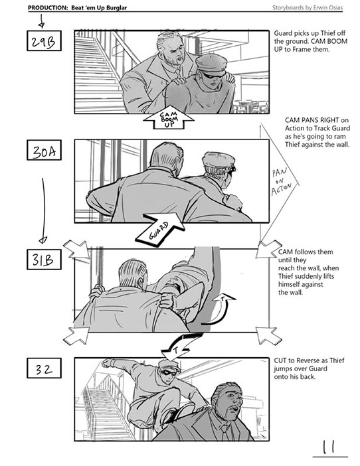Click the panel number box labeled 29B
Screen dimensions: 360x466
44,40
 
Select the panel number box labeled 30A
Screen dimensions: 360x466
44,150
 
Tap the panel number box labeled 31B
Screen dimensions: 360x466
44,260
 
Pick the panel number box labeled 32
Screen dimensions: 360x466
44,368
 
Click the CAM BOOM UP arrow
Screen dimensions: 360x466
169,118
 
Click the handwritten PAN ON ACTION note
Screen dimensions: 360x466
281,182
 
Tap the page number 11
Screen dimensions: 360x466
329,447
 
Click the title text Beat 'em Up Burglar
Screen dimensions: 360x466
99,8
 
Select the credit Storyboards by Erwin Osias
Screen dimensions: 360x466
308,8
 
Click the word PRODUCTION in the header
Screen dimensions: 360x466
48,8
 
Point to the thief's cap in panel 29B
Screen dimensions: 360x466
212,63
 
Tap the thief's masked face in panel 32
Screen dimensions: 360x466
169,372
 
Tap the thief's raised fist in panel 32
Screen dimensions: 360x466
108,363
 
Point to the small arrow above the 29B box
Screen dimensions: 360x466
42,21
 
